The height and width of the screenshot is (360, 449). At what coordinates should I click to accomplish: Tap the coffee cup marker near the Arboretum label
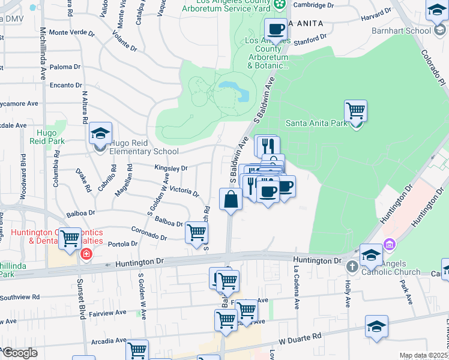[x=276, y=29]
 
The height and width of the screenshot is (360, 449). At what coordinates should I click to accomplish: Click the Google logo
[x=19, y=353]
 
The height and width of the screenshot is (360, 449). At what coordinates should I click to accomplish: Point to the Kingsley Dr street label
[x=171, y=169]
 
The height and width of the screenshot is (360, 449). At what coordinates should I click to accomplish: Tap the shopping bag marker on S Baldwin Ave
[x=231, y=199]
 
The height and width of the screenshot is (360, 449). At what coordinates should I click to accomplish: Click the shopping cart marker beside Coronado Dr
[x=196, y=233]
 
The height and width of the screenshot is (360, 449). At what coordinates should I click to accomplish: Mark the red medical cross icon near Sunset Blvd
[x=86, y=254]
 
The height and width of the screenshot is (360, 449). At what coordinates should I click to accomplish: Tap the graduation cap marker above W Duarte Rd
[x=376, y=326]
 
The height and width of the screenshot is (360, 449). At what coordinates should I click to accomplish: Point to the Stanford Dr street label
[x=315, y=43]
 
